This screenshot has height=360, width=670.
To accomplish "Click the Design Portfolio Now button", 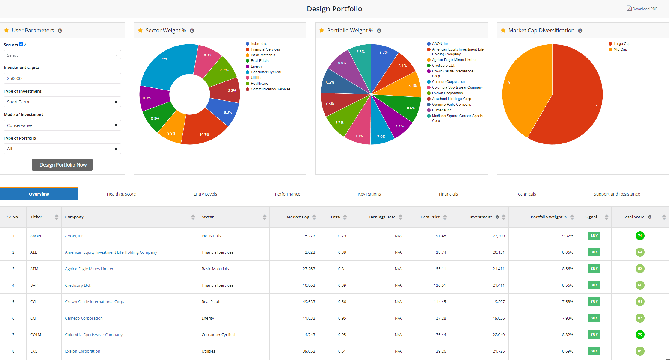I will point(62,165).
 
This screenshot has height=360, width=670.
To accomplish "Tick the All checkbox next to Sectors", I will point(21,44).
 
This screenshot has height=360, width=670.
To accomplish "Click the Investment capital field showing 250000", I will point(62,78).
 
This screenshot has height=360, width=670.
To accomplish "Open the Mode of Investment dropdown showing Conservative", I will point(62,125).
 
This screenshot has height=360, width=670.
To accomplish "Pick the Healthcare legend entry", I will point(259,84).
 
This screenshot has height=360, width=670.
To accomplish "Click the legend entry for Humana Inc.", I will point(442,110).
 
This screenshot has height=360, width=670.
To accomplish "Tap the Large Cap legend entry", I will point(622,44).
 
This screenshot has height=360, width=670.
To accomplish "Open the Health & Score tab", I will point(121,194).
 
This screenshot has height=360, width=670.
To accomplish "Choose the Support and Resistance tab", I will point(617,194).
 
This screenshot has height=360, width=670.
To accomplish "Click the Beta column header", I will point(335,217).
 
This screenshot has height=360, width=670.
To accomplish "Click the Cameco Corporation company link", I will point(84,318).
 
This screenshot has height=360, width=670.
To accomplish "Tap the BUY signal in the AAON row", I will point(594,236).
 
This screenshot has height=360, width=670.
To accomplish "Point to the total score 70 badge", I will point(640,335).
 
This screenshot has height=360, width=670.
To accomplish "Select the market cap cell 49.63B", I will point(309,302).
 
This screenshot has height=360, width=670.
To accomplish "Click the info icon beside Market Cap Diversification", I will point(580,31).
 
